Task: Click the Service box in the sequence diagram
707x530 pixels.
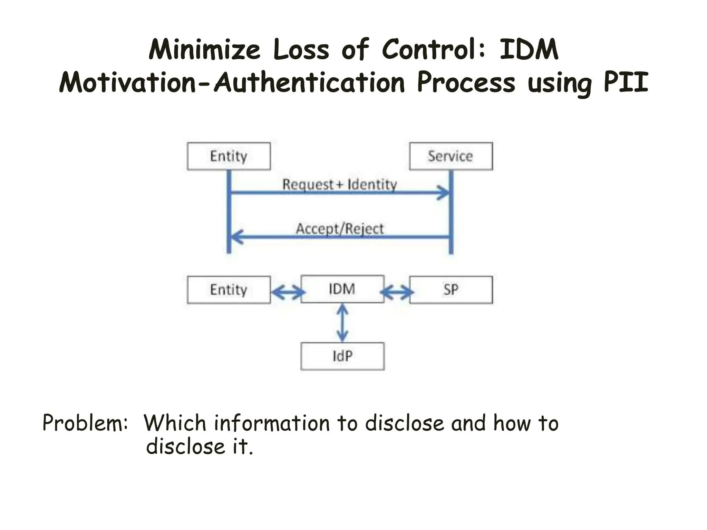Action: coord(451,156)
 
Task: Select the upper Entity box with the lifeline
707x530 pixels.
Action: coord(229,156)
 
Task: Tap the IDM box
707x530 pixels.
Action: coord(342,289)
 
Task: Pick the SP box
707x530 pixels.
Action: coord(451,290)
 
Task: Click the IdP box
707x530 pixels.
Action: coord(342,356)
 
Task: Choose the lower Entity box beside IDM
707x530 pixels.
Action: coord(229,290)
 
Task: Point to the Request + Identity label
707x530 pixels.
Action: coord(340,184)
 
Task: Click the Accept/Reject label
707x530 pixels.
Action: coord(340,229)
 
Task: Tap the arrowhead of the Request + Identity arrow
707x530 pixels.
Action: coord(444,193)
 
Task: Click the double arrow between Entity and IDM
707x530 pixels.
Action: coord(287,293)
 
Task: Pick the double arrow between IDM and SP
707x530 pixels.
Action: coord(397,293)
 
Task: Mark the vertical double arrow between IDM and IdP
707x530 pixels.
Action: coord(342,323)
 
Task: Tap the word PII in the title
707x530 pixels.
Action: coord(626,83)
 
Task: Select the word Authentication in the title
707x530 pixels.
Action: coord(309,83)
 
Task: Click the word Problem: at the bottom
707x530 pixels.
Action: coord(85,423)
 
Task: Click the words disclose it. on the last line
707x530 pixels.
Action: coord(200,446)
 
